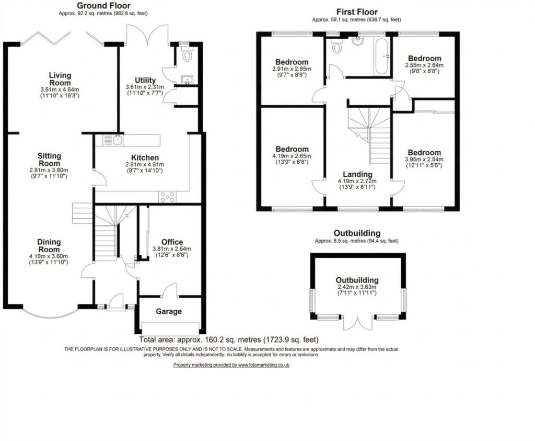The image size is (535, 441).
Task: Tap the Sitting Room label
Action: pyautogui.click(x=49, y=160)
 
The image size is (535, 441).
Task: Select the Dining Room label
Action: pyautogui.click(x=49, y=246)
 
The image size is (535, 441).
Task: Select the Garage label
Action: pyautogui.click(x=169, y=312)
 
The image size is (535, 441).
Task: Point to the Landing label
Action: pyautogui.click(x=357, y=174)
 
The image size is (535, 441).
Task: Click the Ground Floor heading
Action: pyautogui.click(x=104, y=6)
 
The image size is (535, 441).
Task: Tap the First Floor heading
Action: pyautogui.click(x=357, y=12)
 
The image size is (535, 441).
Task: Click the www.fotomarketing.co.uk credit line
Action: pyautogui.click(x=231, y=365)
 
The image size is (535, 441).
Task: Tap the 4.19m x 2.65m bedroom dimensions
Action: pyautogui.click(x=292, y=156)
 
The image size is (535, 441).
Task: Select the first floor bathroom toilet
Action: pyautogui.click(x=337, y=47)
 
